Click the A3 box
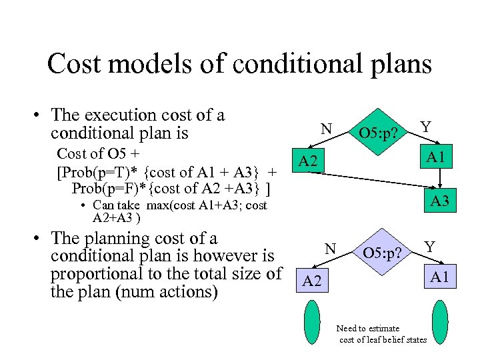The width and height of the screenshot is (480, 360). (x=439, y=201)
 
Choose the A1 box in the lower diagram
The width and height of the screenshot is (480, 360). (x=439, y=276)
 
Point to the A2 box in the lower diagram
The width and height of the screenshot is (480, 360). (x=311, y=281)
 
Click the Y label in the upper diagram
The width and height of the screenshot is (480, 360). (x=425, y=126)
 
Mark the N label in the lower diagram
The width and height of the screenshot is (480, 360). (x=330, y=249)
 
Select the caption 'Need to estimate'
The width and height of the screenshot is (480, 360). (x=368, y=328)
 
